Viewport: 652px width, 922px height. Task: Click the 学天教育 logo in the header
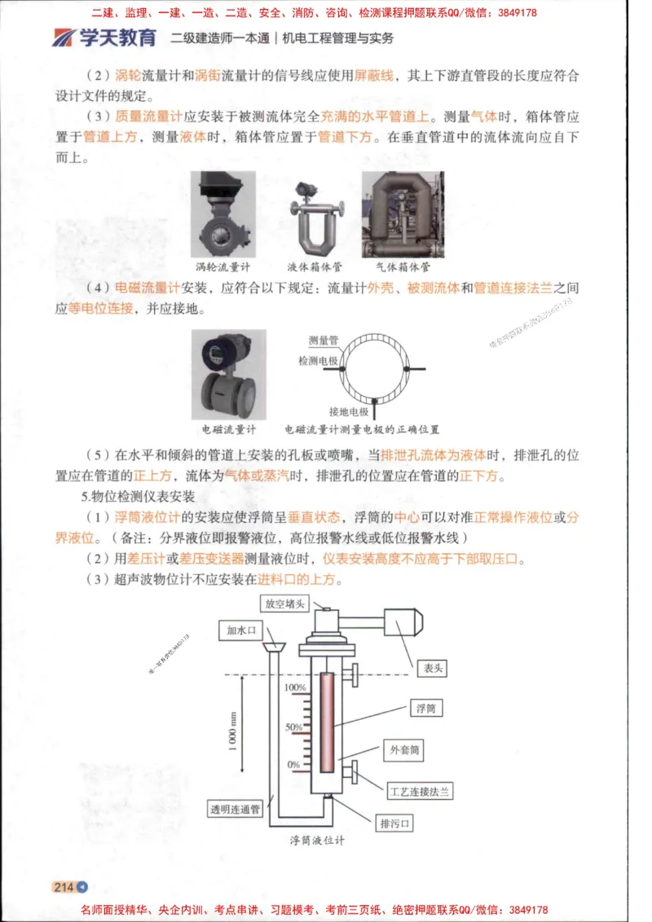point(104,37)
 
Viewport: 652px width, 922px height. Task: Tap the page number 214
point(64,887)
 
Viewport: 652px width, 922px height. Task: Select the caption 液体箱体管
point(315,266)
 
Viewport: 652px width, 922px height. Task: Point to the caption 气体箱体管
point(403,266)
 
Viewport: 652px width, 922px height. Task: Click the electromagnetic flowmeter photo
point(228,374)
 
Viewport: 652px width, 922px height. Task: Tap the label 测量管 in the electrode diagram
point(324,340)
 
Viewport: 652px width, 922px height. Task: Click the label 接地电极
point(348,411)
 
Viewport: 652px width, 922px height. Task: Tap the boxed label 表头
point(431,668)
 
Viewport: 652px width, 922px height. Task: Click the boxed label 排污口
point(394,823)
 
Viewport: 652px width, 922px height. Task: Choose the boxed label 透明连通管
point(235,809)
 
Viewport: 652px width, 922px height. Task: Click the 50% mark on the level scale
point(294,727)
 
